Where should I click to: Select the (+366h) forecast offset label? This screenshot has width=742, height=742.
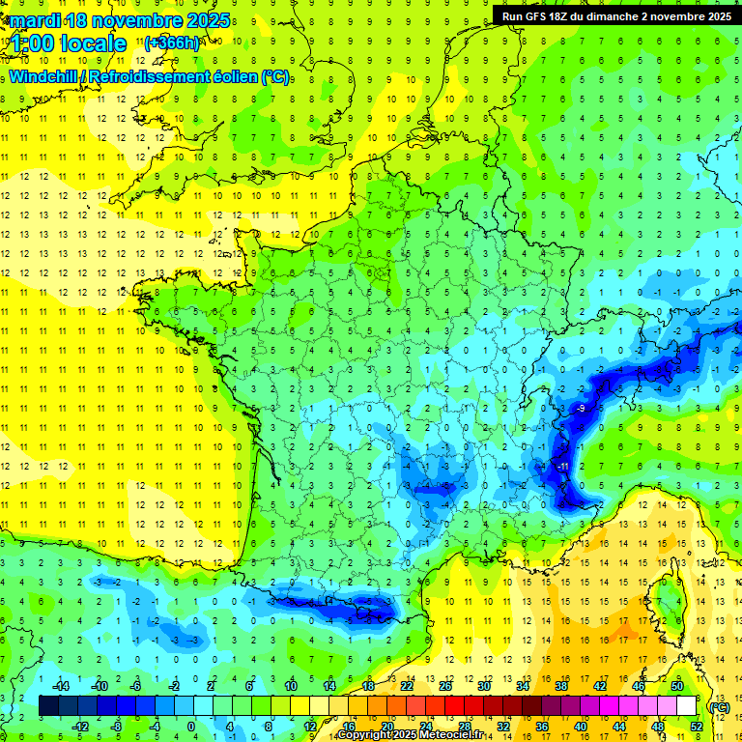click(172, 43)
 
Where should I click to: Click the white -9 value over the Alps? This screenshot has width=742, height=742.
click(580, 410)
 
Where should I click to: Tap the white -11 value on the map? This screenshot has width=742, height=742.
click(561, 468)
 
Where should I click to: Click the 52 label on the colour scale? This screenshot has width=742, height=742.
click(696, 726)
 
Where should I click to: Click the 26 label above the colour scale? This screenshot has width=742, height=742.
click(445, 686)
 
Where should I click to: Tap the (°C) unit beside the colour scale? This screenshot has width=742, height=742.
click(720, 707)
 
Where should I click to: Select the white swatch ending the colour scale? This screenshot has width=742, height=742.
click(687, 706)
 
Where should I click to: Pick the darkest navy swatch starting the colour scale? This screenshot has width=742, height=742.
click(48, 706)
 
